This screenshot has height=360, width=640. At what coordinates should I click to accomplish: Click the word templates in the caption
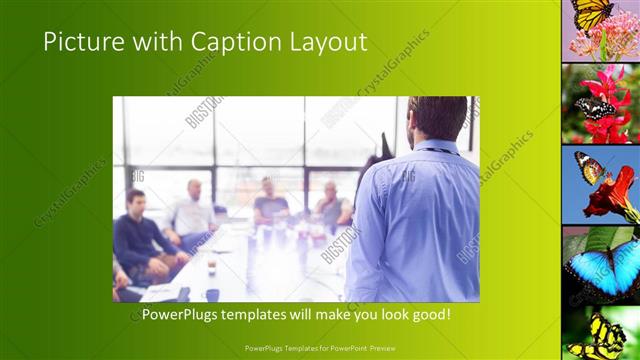pyautogui.click(x=270, y=315)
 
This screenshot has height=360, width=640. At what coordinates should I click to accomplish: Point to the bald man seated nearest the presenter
pyautogui.click(x=331, y=207)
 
